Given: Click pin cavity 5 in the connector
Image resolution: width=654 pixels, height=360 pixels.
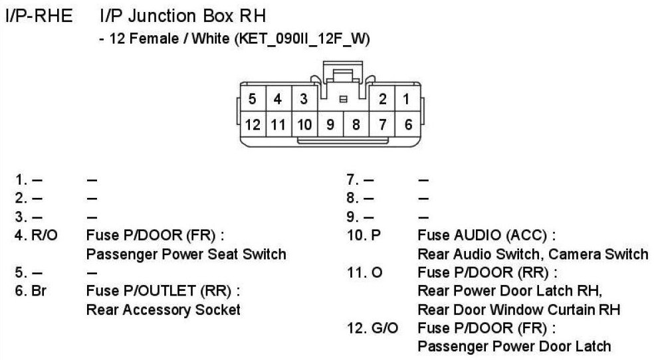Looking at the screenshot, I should [253, 100].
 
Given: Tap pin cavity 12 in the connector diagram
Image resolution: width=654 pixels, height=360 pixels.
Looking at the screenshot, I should [253, 124].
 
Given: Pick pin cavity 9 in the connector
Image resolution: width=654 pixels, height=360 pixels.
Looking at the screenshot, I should [330, 124].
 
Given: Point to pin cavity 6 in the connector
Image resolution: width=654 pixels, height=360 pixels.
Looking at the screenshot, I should [407, 124].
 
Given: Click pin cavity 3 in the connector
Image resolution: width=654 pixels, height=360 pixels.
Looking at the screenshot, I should [304, 100].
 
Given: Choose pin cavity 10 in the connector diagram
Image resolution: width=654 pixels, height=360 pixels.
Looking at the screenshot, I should [304, 124].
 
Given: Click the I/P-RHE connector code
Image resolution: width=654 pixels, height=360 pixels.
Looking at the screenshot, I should [39, 16].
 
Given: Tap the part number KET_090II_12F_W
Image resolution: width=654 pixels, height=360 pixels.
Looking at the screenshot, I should [301, 40].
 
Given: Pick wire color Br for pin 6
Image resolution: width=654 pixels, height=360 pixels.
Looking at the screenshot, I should [39, 291].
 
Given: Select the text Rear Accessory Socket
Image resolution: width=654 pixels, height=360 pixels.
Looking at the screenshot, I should [163, 310].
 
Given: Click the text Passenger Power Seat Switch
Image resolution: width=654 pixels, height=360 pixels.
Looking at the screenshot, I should [186, 254].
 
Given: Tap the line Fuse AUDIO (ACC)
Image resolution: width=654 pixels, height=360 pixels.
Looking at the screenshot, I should [487, 236].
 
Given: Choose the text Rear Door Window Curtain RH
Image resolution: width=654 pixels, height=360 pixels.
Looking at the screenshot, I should [518, 310].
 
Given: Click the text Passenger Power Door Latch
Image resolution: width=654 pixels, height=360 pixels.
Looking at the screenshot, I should [514, 346].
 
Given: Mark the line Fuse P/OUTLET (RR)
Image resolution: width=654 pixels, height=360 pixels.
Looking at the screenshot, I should [163, 291].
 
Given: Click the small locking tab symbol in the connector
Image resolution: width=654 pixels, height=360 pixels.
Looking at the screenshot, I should [344, 100].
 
